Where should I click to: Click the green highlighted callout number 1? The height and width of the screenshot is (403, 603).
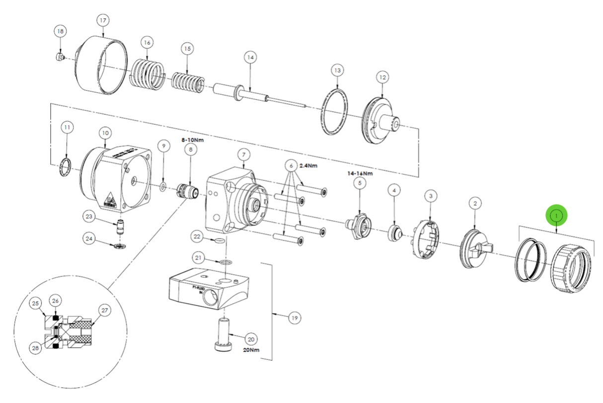click(x=557, y=215)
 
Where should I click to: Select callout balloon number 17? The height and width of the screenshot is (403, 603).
click(x=103, y=21)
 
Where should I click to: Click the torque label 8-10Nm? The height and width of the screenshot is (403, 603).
click(x=192, y=140)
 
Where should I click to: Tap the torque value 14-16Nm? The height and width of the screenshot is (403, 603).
click(x=360, y=173)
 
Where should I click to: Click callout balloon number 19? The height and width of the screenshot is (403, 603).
click(x=295, y=317)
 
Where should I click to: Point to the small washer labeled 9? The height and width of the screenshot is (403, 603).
click(x=162, y=187)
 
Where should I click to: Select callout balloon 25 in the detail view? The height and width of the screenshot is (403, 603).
click(x=36, y=303)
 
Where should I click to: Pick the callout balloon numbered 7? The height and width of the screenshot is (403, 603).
click(x=243, y=156)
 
